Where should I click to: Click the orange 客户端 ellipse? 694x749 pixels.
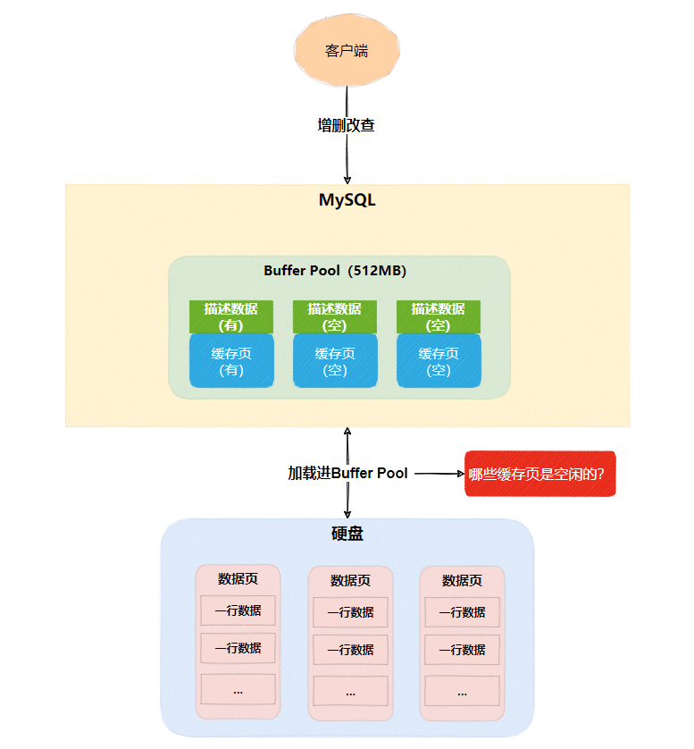347,50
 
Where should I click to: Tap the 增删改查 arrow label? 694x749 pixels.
347,125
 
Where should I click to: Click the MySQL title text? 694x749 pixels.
347,200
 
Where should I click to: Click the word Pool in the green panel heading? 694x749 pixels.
324,271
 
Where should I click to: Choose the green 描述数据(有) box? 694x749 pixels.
230,316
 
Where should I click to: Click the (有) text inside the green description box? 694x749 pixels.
230,325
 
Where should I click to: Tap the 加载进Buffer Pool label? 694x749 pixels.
347,474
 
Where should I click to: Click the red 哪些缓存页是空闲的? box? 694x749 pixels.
540,474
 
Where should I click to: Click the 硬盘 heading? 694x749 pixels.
347,534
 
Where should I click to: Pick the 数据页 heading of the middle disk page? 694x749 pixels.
350,580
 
